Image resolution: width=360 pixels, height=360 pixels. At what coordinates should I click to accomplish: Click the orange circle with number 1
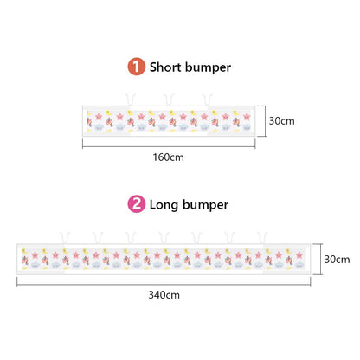coord(137,67)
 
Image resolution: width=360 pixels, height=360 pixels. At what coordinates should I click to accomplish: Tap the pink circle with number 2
coord(137,203)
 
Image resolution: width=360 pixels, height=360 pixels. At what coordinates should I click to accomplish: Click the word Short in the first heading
coord(165,67)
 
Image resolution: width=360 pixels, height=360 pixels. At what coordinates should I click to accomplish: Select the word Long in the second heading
coord(164,205)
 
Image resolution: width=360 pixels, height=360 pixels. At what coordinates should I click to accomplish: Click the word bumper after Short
coord(208,67)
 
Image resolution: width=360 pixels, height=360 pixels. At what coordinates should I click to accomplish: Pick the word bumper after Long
coord(205,205)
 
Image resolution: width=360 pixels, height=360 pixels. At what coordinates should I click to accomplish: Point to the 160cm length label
coord(168,157)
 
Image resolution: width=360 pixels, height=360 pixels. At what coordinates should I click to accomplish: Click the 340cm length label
coord(164,295)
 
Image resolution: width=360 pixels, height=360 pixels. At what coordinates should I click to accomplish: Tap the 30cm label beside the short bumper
coord(282,120)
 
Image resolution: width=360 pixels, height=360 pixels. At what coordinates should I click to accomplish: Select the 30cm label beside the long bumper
coord(337,259)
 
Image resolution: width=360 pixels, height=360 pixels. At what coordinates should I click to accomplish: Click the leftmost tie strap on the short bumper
coord(130,100)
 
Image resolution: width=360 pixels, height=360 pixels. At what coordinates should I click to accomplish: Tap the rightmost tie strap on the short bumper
coord(207,100)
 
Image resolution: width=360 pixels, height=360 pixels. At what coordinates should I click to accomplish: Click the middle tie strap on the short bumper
coord(169,100)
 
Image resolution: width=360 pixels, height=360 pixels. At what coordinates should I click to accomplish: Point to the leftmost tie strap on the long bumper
coord(65,237)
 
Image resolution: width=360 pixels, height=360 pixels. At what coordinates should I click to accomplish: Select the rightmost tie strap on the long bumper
coord(262,237)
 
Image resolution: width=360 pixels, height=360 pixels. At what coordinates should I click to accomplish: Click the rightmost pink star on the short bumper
coord(247,117)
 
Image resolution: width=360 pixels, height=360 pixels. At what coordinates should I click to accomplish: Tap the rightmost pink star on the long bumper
coord(299,255)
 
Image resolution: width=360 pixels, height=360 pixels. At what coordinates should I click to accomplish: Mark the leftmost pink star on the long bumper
coord(35,255)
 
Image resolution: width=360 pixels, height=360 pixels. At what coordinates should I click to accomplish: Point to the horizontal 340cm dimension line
coord(164,285)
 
